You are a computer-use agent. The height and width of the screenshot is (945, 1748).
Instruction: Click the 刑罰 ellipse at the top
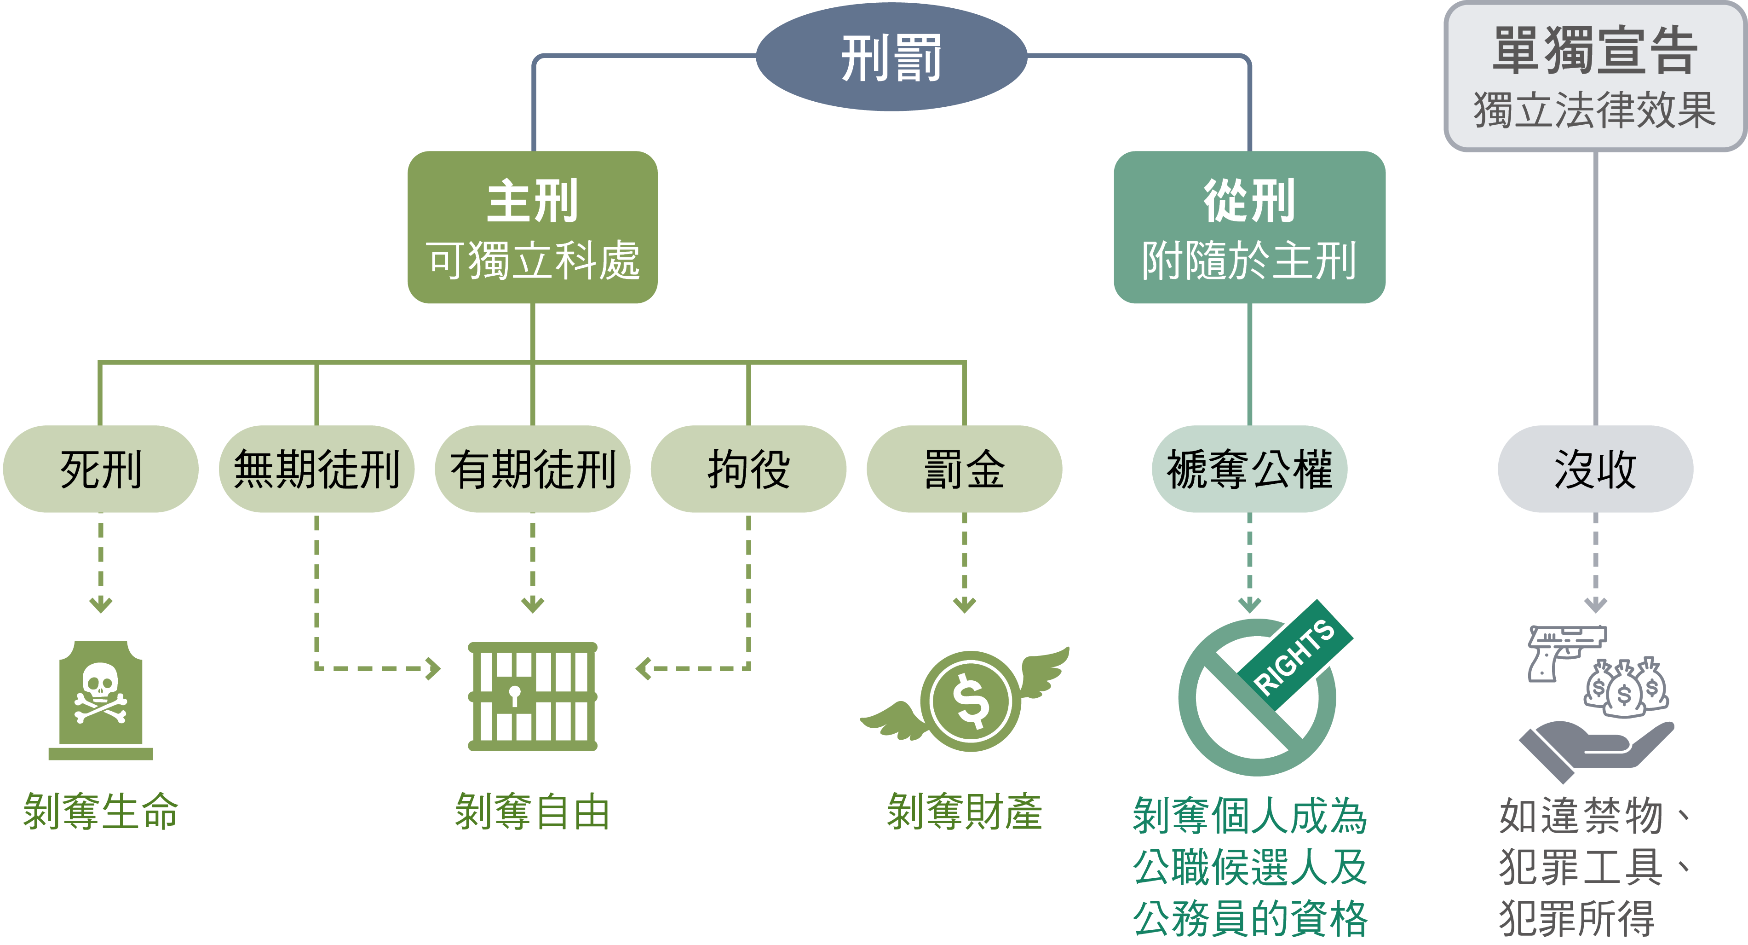891,57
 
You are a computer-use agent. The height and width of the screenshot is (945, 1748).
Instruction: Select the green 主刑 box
533,227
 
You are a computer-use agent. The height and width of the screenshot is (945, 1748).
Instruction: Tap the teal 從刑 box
1249,227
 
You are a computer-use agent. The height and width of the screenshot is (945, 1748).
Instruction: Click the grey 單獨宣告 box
1595,76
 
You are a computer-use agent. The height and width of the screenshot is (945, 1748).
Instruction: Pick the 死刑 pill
100,469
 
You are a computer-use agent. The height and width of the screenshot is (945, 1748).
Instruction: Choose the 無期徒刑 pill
316,469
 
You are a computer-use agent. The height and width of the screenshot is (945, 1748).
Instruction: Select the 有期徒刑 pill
533,469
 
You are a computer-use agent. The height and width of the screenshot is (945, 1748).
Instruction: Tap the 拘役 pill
748,469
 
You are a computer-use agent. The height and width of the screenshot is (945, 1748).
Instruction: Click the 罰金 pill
964,469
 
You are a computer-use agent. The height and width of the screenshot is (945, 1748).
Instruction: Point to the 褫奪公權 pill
1249,469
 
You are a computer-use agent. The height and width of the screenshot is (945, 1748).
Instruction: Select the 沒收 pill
1595,469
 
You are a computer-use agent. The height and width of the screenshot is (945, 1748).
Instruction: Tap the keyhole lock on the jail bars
515,695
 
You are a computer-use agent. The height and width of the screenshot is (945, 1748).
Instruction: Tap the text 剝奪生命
100,811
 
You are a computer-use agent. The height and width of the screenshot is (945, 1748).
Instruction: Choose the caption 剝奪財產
964,811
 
